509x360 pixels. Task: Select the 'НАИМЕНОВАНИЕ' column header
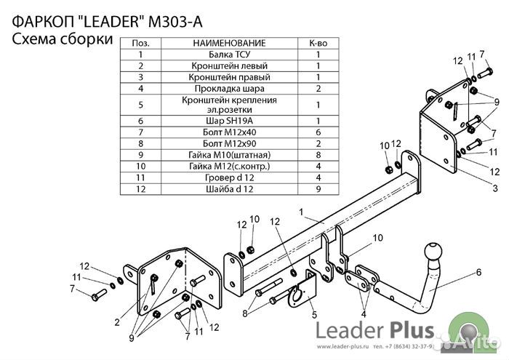229,44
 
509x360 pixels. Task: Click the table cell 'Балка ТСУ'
229,55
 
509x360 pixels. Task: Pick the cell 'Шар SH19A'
229,120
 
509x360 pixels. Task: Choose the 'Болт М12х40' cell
229,132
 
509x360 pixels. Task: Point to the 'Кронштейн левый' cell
229,65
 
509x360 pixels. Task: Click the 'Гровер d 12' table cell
229,177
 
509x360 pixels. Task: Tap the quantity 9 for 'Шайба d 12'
318,188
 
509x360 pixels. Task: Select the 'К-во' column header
318,44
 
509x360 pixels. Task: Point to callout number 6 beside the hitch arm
478,273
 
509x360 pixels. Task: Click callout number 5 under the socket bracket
315,315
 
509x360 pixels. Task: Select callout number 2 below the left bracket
116,321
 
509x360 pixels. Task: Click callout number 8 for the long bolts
245,313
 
